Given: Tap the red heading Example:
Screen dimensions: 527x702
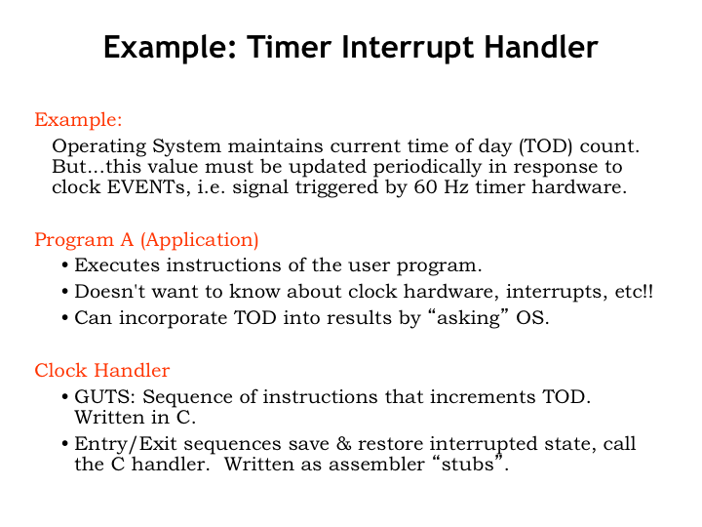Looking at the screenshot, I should (x=78, y=120).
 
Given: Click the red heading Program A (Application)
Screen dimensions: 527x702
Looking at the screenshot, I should (x=146, y=239).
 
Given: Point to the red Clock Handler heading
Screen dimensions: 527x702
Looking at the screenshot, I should (x=101, y=370).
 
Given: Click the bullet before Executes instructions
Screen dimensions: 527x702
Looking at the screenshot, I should (x=64, y=265).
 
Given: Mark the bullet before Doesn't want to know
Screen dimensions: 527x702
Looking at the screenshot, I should (x=64, y=292).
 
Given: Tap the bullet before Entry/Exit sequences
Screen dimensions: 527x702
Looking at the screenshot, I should (x=64, y=445).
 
